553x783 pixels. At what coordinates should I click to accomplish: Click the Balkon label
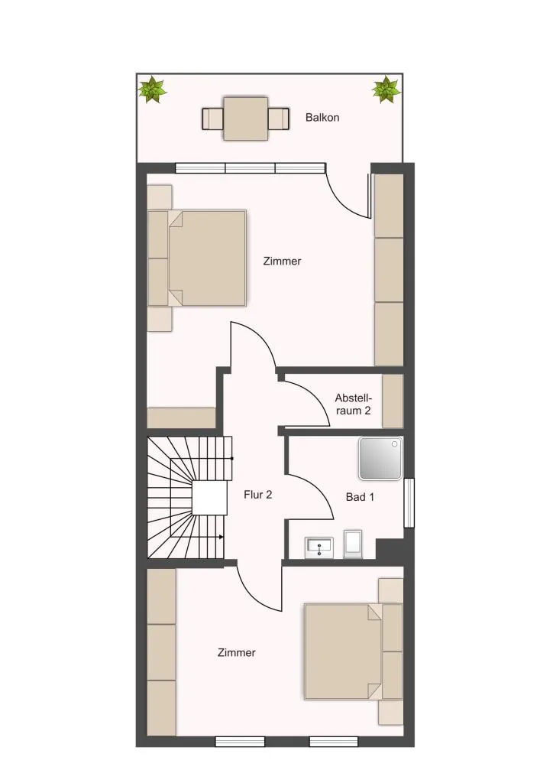(x=322, y=118)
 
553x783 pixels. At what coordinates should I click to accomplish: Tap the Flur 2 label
(x=258, y=495)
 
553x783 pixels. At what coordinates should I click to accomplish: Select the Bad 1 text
(x=360, y=497)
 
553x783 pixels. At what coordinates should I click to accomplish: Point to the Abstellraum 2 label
(x=353, y=404)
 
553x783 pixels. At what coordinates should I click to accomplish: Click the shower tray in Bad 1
(x=380, y=459)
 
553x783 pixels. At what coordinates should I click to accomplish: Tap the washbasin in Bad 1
(x=319, y=547)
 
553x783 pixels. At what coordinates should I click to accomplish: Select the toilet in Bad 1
(x=354, y=544)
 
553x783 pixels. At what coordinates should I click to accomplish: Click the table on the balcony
(x=246, y=119)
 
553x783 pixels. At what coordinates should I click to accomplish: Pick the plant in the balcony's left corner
(x=152, y=90)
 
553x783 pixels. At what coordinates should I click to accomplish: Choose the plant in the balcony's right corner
(x=386, y=90)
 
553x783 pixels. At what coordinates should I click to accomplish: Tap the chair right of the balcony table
(x=279, y=119)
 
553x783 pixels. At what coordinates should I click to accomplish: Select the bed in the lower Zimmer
(x=354, y=651)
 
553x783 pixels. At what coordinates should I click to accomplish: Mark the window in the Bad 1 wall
(x=409, y=503)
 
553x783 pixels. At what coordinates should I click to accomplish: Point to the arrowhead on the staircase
(x=221, y=537)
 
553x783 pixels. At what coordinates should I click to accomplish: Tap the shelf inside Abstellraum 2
(x=393, y=401)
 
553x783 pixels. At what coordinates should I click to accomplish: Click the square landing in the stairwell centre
(x=210, y=499)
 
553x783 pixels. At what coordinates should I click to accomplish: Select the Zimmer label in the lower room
(x=236, y=653)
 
